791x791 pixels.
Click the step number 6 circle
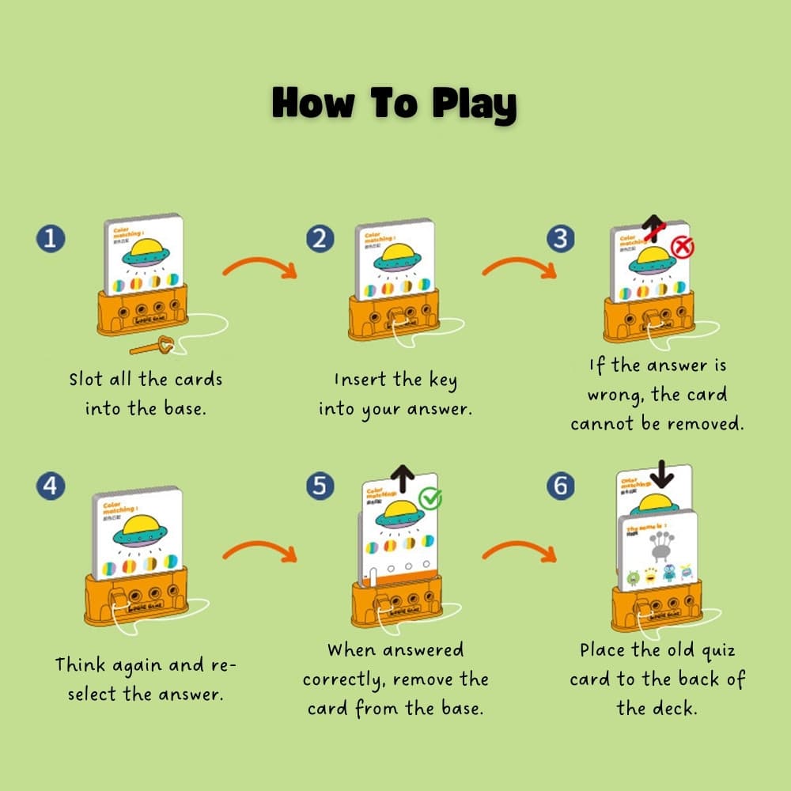(561, 487)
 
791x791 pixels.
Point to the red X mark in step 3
(682, 248)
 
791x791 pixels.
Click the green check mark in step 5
(431, 498)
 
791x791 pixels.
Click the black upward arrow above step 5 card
(403, 479)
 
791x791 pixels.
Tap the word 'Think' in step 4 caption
(81, 664)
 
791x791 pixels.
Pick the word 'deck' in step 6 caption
(679, 708)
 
